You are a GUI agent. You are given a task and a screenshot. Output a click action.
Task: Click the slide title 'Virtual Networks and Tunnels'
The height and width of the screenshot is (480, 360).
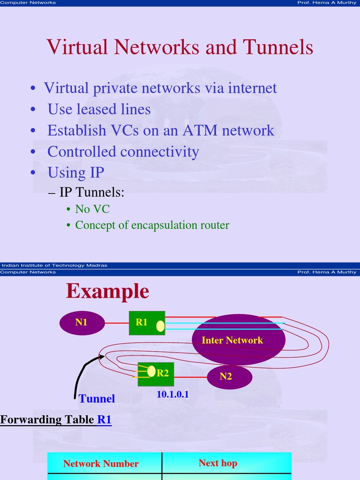pos(180,47)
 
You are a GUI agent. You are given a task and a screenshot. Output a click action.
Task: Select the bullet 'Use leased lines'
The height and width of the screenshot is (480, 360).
pos(99,109)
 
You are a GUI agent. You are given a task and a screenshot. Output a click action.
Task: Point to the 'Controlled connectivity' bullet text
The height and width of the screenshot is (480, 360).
pos(123,151)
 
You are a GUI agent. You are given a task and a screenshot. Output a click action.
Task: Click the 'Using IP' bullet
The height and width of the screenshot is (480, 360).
pos(75,172)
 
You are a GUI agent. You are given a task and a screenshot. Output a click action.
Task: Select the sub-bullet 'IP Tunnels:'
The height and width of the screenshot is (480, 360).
pos(91,192)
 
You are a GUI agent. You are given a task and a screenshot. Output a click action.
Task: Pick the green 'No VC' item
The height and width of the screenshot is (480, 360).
pos(92,209)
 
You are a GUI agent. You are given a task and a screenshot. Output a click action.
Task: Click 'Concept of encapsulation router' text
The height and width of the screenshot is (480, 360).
pos(152,225)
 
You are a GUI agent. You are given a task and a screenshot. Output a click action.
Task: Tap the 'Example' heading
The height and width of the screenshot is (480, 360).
pos(107,291)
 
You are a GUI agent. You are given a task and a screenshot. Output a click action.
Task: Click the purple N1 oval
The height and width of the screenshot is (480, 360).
pos(82,322)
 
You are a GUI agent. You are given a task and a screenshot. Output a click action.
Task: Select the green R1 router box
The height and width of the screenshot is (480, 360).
pos(142,322)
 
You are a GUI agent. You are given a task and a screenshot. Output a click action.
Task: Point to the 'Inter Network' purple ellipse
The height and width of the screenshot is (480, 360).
pos(232,340)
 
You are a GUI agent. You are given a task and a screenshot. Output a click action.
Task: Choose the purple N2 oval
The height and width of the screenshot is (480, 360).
pos(229,376)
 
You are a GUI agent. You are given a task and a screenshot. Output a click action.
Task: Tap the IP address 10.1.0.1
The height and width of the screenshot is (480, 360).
pos(172,395)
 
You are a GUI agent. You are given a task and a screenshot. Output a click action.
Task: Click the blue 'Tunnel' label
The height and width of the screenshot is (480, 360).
pos(97,399)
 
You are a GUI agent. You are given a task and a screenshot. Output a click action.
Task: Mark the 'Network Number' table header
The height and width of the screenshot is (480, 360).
pos(101,464)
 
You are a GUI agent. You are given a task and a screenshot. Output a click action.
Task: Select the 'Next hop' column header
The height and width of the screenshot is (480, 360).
pos(217,463)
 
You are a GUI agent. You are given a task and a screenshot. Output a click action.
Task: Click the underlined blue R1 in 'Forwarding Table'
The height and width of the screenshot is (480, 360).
pos(104,420)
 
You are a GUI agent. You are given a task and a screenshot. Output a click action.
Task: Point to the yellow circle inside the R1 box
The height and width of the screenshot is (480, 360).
pos(160,326)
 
